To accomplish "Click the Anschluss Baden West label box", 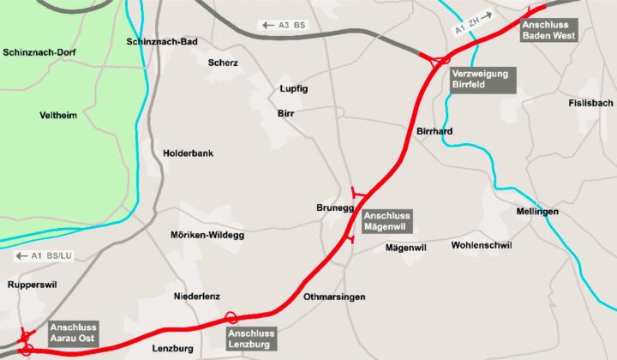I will click(x=549, y=30).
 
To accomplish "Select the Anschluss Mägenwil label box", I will click(x=387, y=221).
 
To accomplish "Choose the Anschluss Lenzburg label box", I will click(x=251, y=337).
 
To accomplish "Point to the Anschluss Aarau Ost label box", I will click(x=74, y=333).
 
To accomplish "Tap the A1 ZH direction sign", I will click(x=473, y=22).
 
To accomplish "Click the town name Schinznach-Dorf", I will click(x=40, y=53).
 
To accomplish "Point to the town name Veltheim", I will click(x=59, y=115).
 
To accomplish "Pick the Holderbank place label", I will click(x=188, y=153).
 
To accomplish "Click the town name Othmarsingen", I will click(x=335, y=297).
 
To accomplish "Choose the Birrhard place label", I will click(x=434, y=131).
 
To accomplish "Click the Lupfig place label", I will click(x=294, y=88).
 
